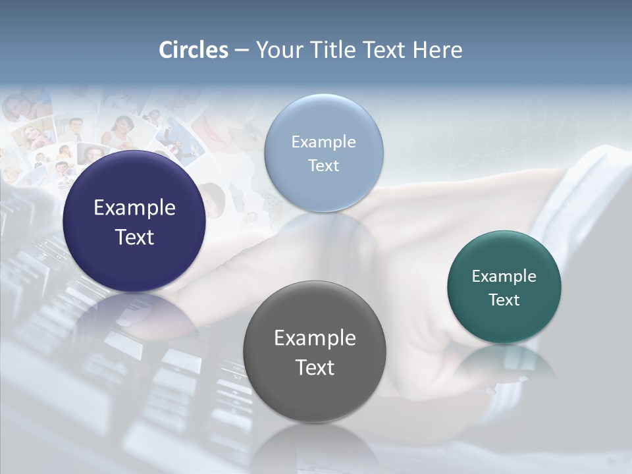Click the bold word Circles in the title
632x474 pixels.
(193, 50)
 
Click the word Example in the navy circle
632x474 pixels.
(134, 208)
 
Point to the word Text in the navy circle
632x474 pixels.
(134, 237)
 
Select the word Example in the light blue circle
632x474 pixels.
(323, 142)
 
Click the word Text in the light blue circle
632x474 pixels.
(323, 165)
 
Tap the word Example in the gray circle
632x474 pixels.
(315, 338)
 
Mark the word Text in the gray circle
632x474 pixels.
(315, 367)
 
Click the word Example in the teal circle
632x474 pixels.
(504, 276)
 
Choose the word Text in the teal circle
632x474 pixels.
(504, 300)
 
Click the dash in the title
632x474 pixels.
(242, 51)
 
